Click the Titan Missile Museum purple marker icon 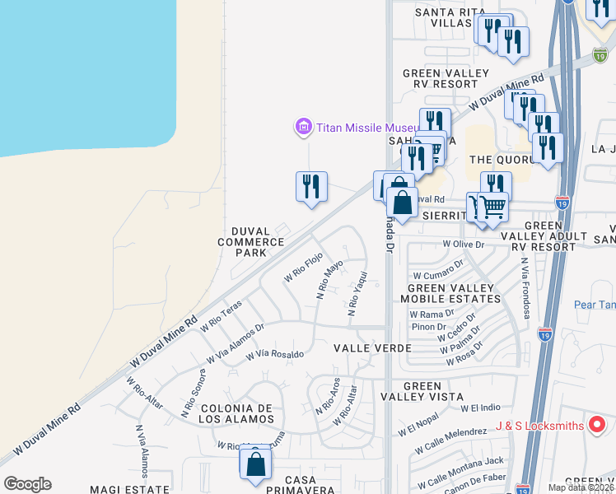click(x=303, y=127)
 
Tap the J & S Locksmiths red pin click(x=599, y=425)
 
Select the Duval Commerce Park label click(x=250, y=242)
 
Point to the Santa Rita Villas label click(x=446, y=17)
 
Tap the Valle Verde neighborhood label click(x=372, y=348)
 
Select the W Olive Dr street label click(x=464, y=244)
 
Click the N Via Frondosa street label click(x=524, y=283)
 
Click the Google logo click(x=27, y=484)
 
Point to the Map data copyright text click(x=581, y=487)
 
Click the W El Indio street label click(x=481, y=408)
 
